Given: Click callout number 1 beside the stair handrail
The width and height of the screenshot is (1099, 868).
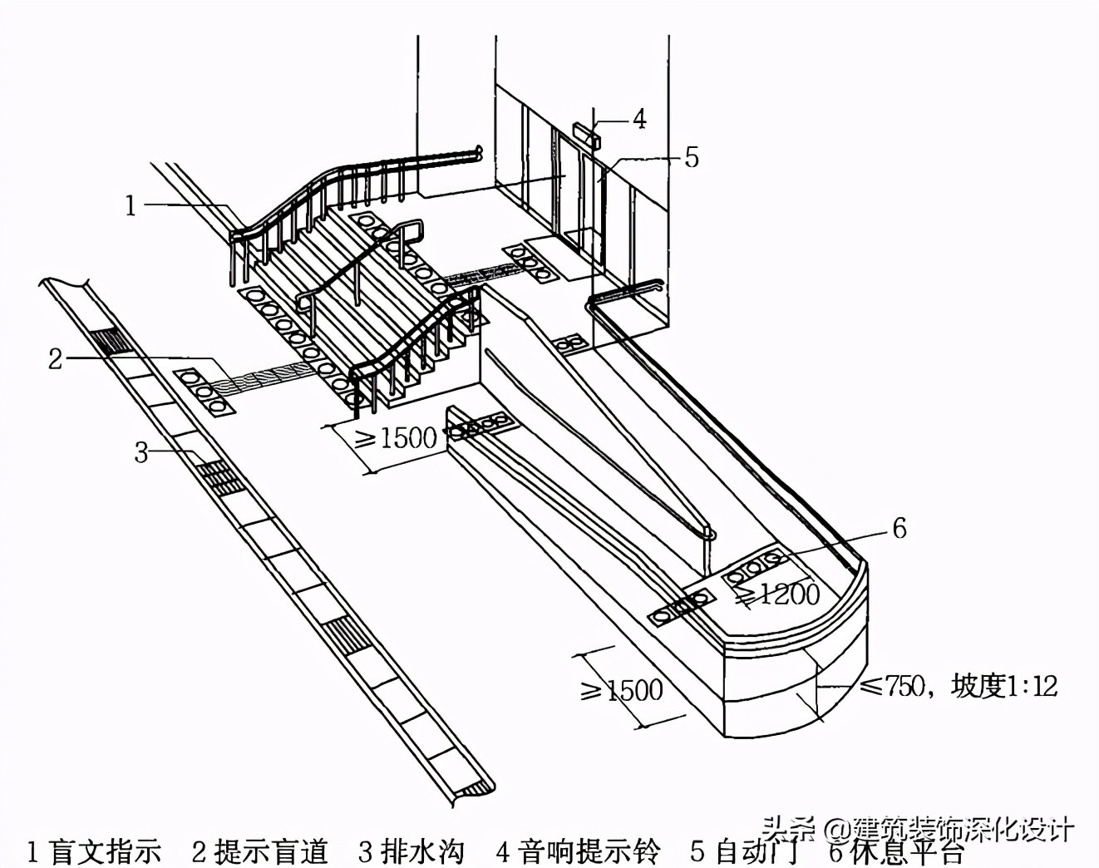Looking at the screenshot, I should point(131,205).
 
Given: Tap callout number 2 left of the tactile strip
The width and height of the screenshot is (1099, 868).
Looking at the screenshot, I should point(55,359).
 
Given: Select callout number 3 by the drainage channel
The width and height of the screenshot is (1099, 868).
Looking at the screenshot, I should point(142,452).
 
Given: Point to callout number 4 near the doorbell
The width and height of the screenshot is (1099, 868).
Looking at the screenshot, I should point(638,119).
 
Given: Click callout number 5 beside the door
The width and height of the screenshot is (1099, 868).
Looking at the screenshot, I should point(692,157).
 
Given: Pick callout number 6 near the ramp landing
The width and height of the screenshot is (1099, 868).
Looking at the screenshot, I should point(899,528).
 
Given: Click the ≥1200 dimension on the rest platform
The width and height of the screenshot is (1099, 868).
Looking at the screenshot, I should point(776,594).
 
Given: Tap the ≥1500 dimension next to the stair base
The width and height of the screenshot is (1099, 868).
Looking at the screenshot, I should point(396,437).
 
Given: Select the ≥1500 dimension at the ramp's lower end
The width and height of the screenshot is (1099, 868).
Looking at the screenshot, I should point(622,689).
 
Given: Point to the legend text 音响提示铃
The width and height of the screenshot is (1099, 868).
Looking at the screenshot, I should point(589,852).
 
